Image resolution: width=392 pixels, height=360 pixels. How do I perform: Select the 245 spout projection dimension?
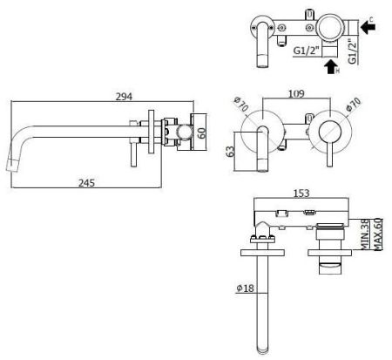(x=85, y=182)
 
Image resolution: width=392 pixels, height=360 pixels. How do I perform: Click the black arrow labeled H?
(x=332, y=65)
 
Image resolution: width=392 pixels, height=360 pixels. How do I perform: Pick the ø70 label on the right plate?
(x=353, y=108)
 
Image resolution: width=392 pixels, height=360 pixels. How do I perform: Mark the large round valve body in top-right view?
(x=329, y=27)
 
